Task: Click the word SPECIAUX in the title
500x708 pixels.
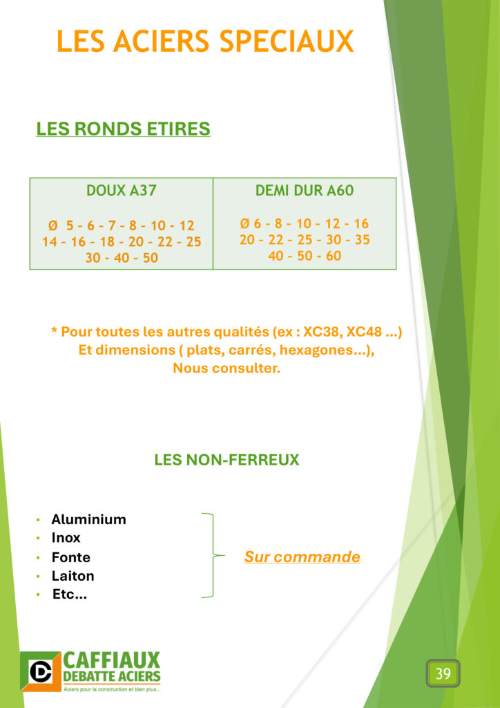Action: coord(287,41)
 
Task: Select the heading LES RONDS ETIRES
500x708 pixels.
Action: coord(123,129)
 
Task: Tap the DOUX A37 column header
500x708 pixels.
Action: coord(122,192)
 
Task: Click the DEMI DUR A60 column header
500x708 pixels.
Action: coord(305,191)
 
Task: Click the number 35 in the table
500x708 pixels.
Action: coord(362,240)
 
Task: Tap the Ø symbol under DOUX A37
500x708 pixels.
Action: coord(53,225)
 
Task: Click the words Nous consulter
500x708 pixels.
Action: coord(227,369)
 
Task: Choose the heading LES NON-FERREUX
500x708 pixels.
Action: coord(227,460)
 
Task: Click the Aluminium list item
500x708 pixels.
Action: coord(88,520)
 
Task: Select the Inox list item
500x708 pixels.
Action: coord(66,538)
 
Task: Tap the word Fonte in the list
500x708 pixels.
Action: coord(70,557)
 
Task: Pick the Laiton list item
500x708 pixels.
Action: coord(73,576)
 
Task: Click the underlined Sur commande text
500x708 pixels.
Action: coord(302,557)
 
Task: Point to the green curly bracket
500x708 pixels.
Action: coord(212,555)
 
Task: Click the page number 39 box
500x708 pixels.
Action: coord(443,673)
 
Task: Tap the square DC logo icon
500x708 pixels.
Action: coord(41,671)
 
